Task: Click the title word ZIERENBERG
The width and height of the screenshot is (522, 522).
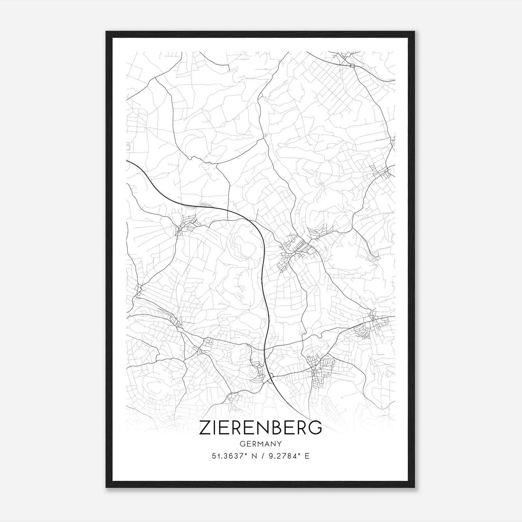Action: pos(260,428)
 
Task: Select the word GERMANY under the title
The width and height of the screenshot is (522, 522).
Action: pos(260,444)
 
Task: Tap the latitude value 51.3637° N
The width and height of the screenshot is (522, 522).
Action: pos(232,456)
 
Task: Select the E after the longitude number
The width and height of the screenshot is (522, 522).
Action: pos(307,456)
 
